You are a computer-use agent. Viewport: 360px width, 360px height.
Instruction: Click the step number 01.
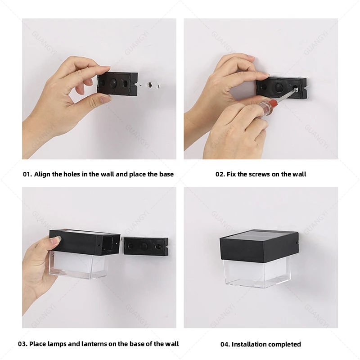pos(27,174)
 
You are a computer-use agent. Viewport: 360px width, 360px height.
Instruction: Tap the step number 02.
pos(220,174)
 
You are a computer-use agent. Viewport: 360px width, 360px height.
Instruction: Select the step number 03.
pos(22,344)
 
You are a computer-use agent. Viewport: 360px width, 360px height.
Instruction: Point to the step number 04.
pos(225,344)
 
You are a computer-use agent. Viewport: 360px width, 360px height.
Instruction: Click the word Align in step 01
pos(42,175)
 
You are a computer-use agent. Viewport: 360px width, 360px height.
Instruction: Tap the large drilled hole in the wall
pos(150,85)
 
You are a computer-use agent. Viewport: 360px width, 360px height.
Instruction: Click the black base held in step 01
pos(117,84)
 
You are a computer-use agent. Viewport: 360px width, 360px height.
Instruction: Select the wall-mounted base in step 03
pos(146,247)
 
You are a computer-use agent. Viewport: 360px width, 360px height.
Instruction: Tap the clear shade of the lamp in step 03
pos(78,265)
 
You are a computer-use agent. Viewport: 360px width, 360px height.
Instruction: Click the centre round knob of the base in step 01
pos(114,83)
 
